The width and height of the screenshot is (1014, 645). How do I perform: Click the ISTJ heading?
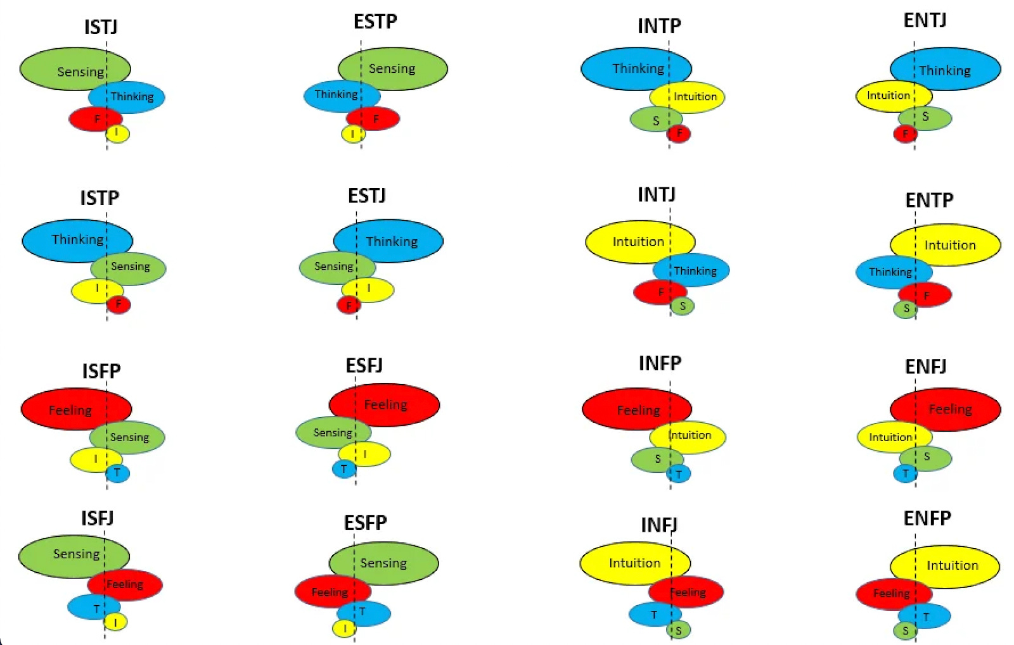tap(101, 27)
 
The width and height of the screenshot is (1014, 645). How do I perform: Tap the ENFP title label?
tap(927, 518)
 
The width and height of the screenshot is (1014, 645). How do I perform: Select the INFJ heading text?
tap(658, 525)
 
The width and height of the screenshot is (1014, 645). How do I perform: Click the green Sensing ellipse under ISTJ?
tap(75, 69)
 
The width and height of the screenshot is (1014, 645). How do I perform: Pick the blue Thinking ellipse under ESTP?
tap(341, 96)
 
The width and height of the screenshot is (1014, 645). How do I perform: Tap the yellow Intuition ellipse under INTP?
tap(688, 97)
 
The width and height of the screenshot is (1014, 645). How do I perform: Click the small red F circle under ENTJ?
tap(905, 134)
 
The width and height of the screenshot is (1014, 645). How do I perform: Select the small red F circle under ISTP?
tap(119, 304)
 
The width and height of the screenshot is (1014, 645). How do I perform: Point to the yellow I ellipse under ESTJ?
tap(368, 289)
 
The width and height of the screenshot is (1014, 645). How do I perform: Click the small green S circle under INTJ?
tap(682, 306)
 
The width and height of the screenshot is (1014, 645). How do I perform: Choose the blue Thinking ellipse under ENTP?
tap(893, 272)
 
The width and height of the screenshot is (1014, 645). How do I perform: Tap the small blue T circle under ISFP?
tap(117, 473)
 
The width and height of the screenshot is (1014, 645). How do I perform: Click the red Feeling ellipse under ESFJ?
tap(384, 404)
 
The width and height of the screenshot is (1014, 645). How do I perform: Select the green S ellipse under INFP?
tap(657, 459)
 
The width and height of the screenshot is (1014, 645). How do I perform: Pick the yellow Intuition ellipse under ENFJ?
tap(894, 437)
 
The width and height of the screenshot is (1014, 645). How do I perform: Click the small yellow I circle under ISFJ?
tap(115, 623)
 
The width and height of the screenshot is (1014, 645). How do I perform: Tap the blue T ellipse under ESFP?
tap(364, 613)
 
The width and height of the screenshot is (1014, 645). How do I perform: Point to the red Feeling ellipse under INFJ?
tap(686, 592)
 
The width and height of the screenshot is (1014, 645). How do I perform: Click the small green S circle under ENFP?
tap(905, 630)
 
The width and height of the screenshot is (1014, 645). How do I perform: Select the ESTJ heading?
tap(366, 196)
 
